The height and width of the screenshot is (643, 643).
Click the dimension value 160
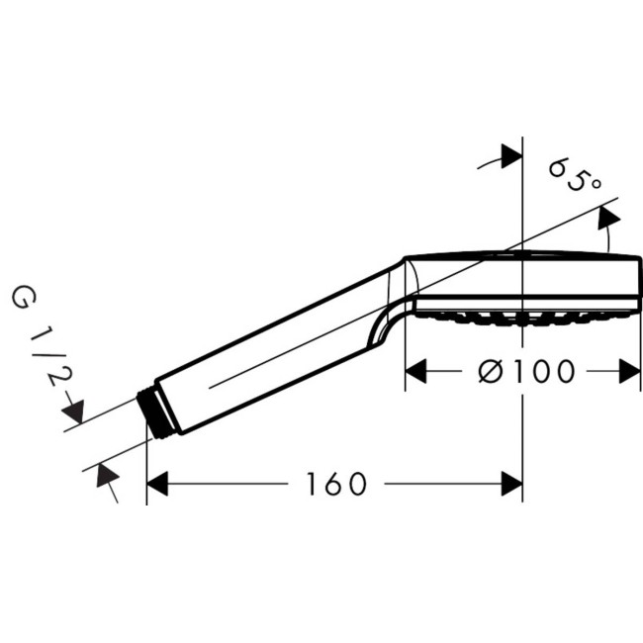coord(335,484)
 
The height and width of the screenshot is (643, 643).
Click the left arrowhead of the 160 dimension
coord(158,484)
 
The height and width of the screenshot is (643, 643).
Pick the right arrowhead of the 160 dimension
coord(511,484)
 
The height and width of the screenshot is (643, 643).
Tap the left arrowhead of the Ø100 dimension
coord(417,372)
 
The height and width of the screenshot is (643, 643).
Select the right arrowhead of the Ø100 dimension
coord(630,372)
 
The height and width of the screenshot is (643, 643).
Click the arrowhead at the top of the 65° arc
coord(510,155)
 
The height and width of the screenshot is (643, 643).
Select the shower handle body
coord(267,346)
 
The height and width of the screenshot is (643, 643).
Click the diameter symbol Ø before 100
coord(489,372)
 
